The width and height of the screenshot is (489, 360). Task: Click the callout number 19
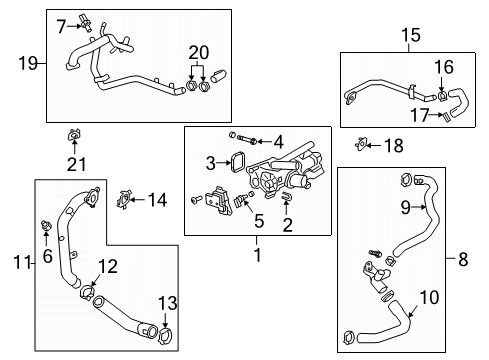click(30, 64)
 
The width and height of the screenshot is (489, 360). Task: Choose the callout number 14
click(156, 199)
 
